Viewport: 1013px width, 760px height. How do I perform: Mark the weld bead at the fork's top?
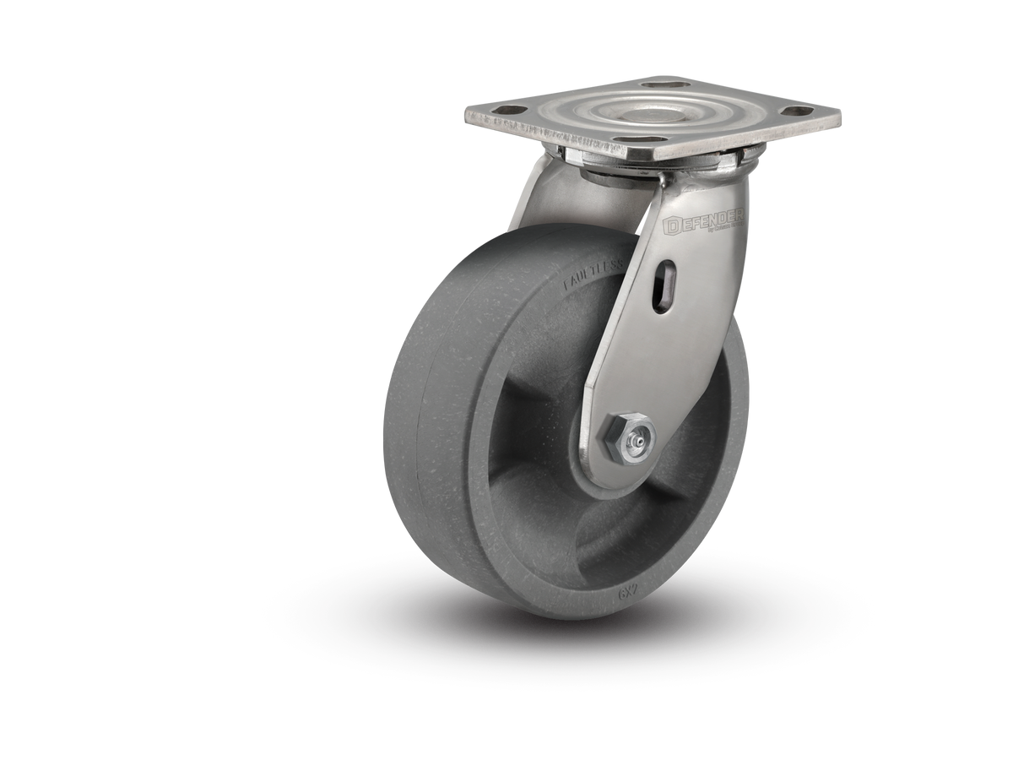pos(663,182)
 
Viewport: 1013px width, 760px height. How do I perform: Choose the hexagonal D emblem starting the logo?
pos(673,225)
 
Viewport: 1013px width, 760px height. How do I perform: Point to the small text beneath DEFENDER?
pos(723,229)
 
